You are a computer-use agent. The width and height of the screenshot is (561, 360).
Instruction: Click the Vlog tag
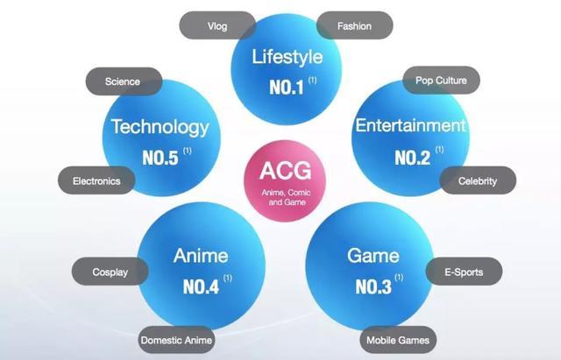[x=217, y=25]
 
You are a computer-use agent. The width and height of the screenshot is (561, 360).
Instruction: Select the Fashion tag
[x=354, y=25]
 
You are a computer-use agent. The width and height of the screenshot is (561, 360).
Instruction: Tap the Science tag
[x=124, y=81]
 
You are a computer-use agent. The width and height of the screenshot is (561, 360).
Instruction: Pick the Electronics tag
[x=96, y=180]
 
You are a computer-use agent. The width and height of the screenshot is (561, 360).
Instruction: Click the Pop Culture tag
[x=441, y=80]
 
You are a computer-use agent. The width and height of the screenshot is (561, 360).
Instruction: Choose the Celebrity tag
[x=478, y=180]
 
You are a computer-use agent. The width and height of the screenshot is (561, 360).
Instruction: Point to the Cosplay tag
[x=110, y=272]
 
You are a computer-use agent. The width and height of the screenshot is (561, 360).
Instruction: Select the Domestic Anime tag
[x=176, y=340]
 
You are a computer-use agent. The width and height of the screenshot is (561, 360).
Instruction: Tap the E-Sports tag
[x=464, y=272]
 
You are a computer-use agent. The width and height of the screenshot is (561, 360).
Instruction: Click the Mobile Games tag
[x=398, y=340]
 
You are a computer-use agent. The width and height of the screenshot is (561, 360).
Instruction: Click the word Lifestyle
[x=288, y=57]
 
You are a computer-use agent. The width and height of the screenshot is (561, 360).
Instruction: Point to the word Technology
[x=160, y=127]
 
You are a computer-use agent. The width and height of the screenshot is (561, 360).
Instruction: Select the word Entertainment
[x=411, y=125]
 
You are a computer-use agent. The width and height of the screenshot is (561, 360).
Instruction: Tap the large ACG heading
[x=286, y=171]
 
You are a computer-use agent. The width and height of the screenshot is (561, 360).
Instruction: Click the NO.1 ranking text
[x=287, y=88]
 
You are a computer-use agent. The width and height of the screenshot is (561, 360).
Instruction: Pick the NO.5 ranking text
[x=160, y=158]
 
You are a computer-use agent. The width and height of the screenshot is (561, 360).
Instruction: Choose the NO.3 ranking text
[x=373, y=286]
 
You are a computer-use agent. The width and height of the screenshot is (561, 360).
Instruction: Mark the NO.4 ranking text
[x=201, y=286]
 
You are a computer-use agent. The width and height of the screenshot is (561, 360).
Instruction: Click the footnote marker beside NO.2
[x=440, y=150]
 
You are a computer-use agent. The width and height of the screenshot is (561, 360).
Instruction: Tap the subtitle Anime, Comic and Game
[x=287, y=197]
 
